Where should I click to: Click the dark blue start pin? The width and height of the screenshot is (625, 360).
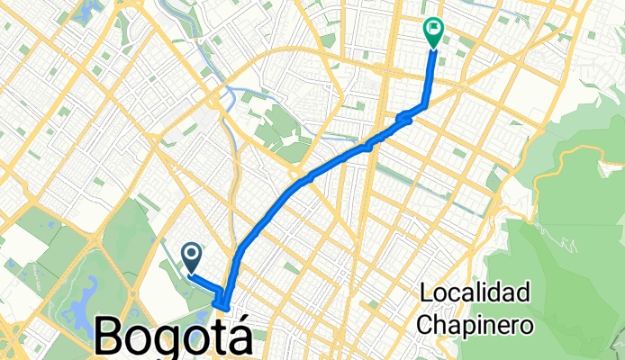pyautogui.click(x=192, y=256)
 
